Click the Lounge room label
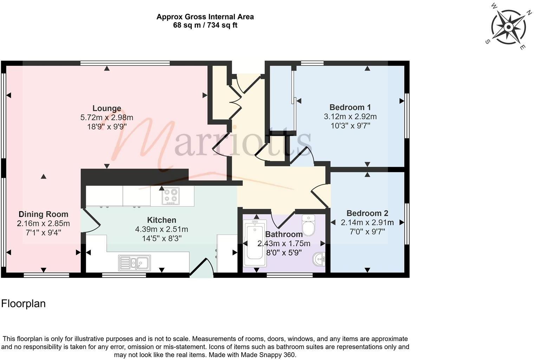106,108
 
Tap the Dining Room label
44,214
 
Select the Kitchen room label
162,220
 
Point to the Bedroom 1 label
350,107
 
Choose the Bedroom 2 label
367,213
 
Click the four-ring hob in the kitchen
170,196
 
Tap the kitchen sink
135,263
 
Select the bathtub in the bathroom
255,243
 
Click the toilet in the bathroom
308,225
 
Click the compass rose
508,27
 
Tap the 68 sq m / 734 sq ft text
205,25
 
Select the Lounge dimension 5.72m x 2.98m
106,117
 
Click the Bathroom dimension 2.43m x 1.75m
284,244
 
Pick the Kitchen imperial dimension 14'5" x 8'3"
162,238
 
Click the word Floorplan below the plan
23,304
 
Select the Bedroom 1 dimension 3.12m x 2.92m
350,117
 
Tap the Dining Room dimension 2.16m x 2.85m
44,224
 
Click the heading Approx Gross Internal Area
205,17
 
